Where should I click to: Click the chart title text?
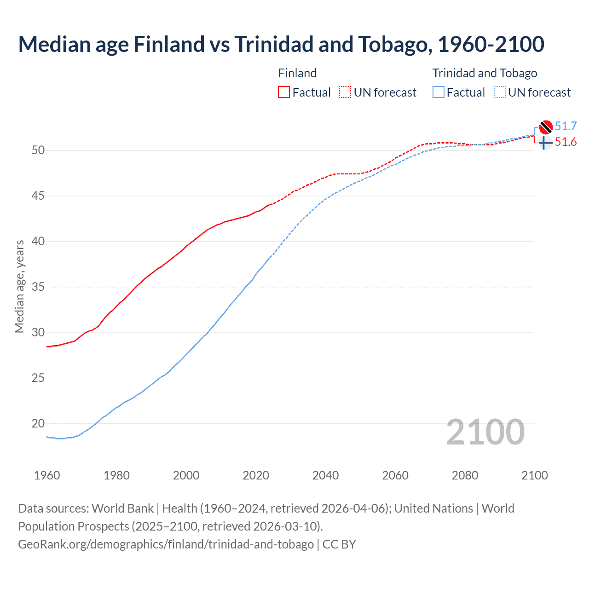(x=281, y=44)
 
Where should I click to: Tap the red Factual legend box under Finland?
(x=284, y=92)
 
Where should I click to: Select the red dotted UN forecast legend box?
(x=345, y=92)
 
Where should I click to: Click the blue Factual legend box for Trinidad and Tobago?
(x=438, y=92)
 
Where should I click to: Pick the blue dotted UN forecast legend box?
(x=499, y=92)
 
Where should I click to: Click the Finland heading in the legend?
(x=297, y=73)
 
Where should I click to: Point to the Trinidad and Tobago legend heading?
(x=485, y=73)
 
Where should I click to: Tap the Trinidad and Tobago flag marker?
(x=546, y=127)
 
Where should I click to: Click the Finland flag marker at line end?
(x=546, y=143)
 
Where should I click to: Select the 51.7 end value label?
(x=566, y=126)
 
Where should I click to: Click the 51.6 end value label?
(x=566, y=142)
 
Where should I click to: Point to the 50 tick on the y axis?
(x=39, y=150)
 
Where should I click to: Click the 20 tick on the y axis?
(x=39, y=423)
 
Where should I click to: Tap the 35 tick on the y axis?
(x=39, y=287)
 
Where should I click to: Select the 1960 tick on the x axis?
(x=47, y=475)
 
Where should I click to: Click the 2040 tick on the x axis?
(x=325, y=475)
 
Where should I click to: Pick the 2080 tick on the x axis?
(x=465, y=475)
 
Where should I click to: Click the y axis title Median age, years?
(x=19, y=286)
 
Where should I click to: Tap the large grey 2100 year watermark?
(x=485, y=432)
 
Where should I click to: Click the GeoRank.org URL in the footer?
(x=166, y=544)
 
